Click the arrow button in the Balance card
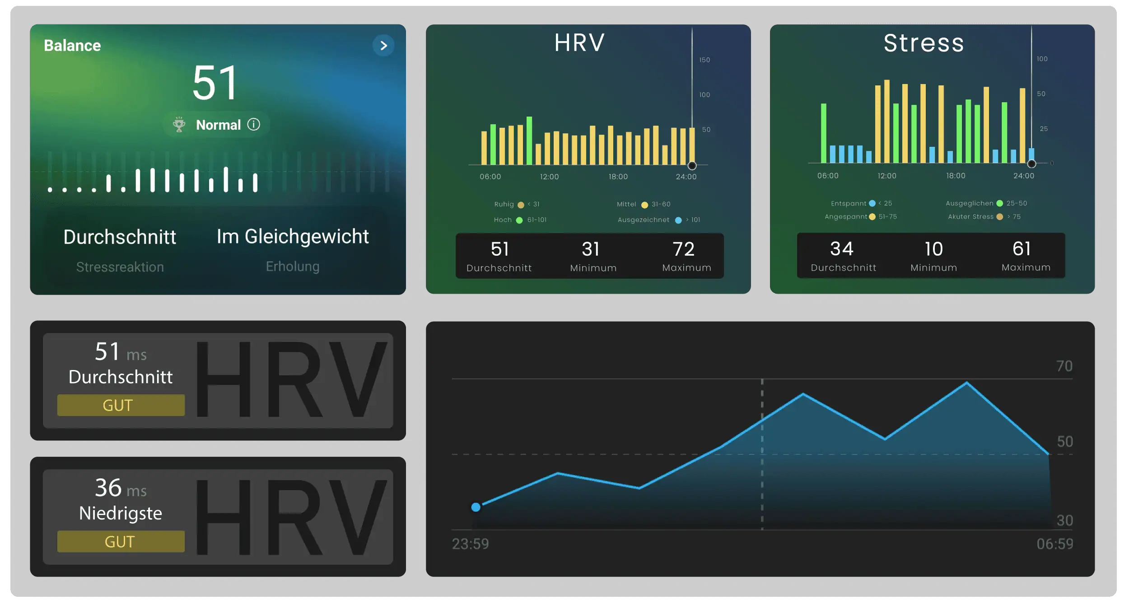pyautogui.click(x=383, y=46)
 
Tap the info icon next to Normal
pyautogui.click(x=254, y=124)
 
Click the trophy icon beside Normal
pyautogui.click(x=179, y=124)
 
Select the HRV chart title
pyautogui.click(x=579, y=43)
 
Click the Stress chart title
pyautogui.click(x=924, y=43)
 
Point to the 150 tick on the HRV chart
pyautogui.click(x=704, y=60)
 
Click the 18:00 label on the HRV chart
pyautogui.click(x=618, y=177)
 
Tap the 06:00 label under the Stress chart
pyautogui.click(x=828, y=176)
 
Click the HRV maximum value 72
pyautogui.click(x=683, y=249)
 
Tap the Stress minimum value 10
pyautogui.click(x=933, y=249)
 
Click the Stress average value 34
pyautogui.click(x=842, y=249)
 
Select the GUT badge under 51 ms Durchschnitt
pyautogui.click(x=121, y=405)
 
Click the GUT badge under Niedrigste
pyautogui.click(x=121, y=541)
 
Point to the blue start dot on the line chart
pyautogui.click(x=476, y=507)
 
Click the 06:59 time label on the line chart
pyautogui.click(x=1054, y=544)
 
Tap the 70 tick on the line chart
pyautogui.click(x=1064, y=366)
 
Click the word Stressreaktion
pyautogui.click(x=120, y=267)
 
